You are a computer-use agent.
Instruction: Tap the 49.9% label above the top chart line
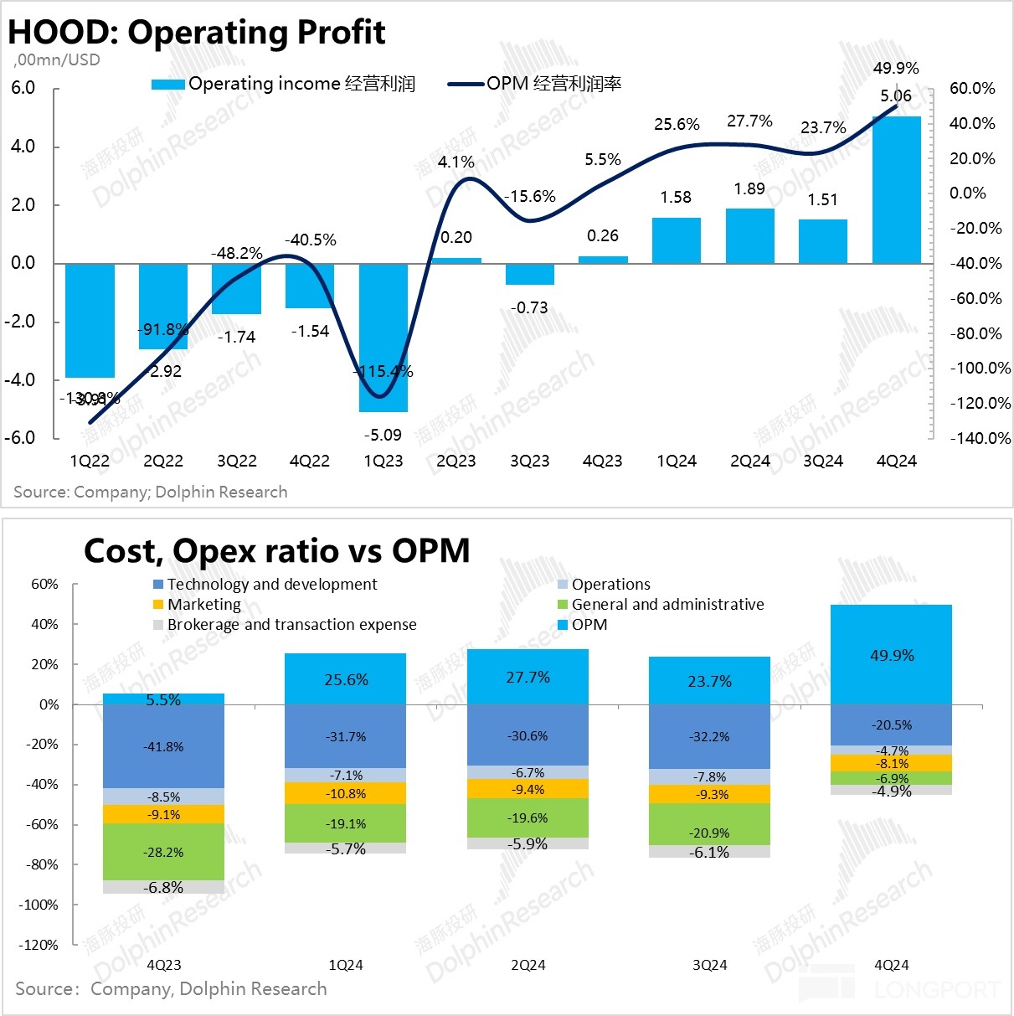click(896, 68)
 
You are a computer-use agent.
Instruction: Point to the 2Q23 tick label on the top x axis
click(456, 462)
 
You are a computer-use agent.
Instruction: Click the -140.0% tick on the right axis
click(980, 438)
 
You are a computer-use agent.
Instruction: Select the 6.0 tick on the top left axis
click(23, 89)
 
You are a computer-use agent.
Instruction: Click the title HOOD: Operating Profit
click(196, 32)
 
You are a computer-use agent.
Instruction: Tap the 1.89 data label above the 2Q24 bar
click(749, 188)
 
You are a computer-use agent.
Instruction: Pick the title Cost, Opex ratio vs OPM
click(276, 550)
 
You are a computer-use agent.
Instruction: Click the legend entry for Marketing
click(203, 605)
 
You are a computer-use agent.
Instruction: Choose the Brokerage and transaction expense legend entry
click(291, 625)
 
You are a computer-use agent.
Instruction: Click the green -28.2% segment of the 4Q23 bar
click(164, 852)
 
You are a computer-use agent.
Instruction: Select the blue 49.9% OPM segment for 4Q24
click(892, 655)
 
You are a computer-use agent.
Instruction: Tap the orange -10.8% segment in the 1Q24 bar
click(346, 793)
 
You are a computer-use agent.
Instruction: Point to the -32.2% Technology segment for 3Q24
click(709, 736)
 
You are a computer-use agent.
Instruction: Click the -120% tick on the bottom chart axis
click(39, 945)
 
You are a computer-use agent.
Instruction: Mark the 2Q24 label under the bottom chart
click(528, 965)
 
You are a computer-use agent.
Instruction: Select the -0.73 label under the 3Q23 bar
click(530, 307)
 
